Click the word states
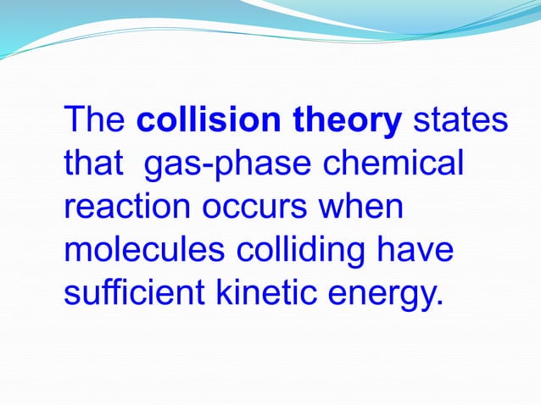click(460, 122)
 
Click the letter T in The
click(75, 122)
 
